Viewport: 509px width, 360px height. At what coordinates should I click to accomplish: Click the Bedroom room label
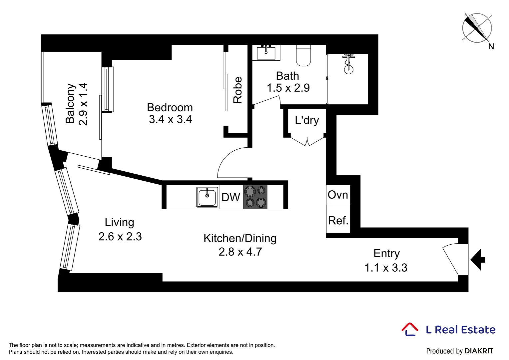(170, 108)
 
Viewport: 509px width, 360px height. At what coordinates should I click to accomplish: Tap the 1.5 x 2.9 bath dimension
(288, 88)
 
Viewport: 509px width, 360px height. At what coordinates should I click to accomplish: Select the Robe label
(238, 90)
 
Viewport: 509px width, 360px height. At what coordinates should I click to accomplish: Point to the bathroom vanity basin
(266, 53)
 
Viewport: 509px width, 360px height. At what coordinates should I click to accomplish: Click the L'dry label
(307, 120)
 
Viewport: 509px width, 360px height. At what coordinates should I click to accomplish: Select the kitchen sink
(207, 197)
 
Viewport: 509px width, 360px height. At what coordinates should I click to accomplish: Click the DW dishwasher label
(231, 197)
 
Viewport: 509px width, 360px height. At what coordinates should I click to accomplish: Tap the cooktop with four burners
(255, 197)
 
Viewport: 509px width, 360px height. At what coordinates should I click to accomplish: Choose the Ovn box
(338, 195)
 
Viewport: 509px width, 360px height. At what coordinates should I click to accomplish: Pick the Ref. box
(338, 220)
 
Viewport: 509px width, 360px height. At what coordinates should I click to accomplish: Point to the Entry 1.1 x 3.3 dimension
(386, 268)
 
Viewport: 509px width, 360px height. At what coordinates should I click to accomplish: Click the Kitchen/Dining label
(240, 238)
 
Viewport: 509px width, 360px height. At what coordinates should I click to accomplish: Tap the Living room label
(119, 222)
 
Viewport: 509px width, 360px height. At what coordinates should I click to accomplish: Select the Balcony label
(70, 103)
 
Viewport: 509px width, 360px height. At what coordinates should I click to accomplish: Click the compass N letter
(491, 47)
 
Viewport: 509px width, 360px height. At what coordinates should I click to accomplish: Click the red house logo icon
(409, 329)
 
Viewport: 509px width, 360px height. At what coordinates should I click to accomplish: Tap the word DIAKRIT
(479, 351)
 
